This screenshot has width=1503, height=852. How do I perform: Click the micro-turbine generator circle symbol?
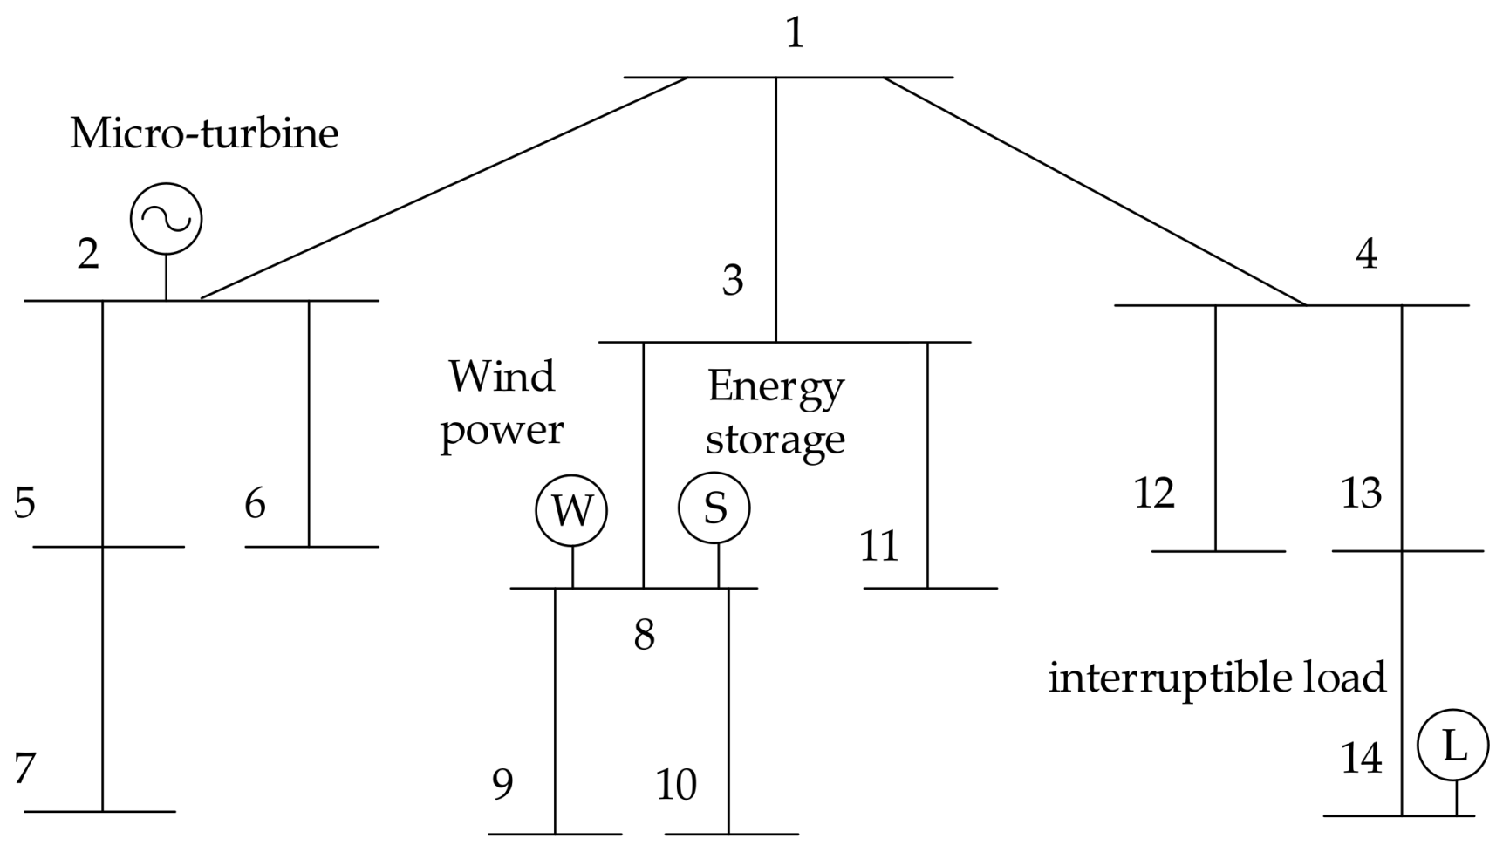[x=166, y=219]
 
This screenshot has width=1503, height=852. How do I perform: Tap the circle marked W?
[x=571, y=510]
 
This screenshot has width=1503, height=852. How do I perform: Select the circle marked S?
[x=714, y=508]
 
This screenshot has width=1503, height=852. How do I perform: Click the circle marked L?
[x=1452, y=746]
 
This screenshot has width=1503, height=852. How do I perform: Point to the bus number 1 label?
[x=794, y=33]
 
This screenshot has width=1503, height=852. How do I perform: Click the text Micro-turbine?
[x=204, y=133]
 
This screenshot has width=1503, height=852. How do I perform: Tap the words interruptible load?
[x=1216, y=678]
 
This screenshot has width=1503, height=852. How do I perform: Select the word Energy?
[x=775, y=386]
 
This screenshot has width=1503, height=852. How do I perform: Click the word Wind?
[x=502, y=377]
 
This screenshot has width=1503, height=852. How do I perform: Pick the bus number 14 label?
[x=1361, y=759]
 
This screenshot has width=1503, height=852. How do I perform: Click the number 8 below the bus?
[x=644, y=635]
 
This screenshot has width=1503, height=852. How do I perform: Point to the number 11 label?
[x=878, y=547]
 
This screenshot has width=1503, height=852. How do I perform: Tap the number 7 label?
[x=24, y=769]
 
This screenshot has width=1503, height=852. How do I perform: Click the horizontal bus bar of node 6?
[x=312, y=547]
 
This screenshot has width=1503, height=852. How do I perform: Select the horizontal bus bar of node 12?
[x=1218, y=551]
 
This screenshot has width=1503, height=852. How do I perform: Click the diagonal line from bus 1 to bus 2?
[x=445, y=187]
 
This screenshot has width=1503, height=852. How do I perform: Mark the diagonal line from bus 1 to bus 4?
[x=1095, y=192]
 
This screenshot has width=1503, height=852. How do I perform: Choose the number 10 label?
[x=676, y=785]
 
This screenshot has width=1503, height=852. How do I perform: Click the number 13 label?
[x=1361, y=494]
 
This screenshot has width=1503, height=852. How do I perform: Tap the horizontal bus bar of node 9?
[x=555, y=835]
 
